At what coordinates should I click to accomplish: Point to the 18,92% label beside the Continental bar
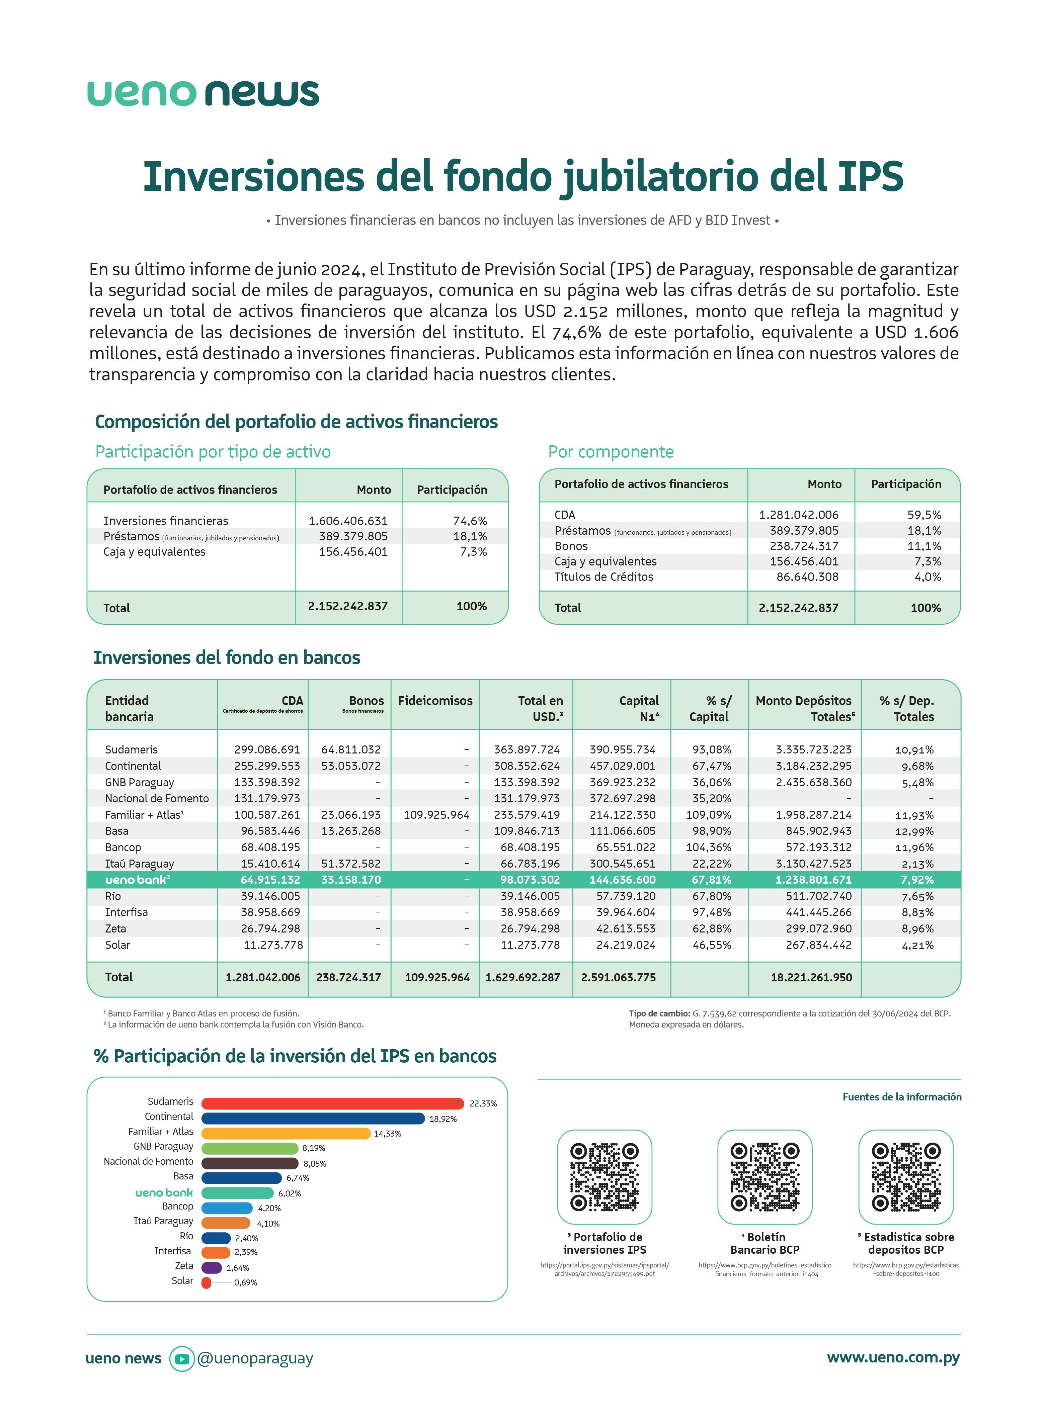click(x=443, y=1119)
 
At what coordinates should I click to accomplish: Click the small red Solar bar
click(x=206, y=1282)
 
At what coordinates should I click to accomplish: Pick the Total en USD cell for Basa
click(x=527, y=831)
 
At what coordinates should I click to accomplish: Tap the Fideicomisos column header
click(x=435, y=701)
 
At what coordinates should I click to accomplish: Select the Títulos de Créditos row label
click(x=603, y=576)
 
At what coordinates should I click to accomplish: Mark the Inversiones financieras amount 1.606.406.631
click(x=348, y=521)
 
